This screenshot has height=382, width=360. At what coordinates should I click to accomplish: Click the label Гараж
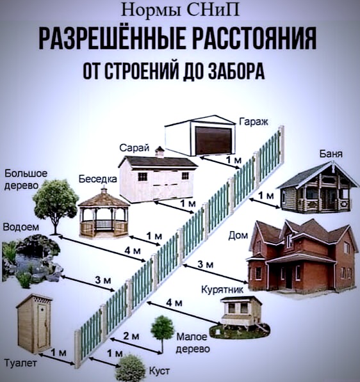[254, 122]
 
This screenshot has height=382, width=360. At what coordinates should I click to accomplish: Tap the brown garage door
[214, 141]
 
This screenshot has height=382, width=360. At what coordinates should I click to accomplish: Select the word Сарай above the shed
[134, 148]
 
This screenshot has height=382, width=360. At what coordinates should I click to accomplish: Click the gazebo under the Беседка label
[104, 214]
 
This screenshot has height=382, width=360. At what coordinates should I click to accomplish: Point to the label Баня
[331, 154]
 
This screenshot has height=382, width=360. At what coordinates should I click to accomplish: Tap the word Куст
[160, 371]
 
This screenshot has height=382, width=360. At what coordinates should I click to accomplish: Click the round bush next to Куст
[130, 368]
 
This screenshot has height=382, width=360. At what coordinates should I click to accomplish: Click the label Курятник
[222, 289]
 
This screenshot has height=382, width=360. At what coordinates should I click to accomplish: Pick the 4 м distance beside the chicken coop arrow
[174, 303]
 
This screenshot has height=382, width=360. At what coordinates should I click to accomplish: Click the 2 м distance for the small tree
[131, 336]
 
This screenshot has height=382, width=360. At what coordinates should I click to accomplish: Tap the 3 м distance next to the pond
[103, 280]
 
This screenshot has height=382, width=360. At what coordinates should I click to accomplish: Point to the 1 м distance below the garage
[234, 160]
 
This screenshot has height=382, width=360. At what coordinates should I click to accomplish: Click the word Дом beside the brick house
[238, 235]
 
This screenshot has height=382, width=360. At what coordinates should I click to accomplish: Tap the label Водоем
[21, 227]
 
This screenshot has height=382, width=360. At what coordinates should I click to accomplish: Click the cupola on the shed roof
[160, 152]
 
